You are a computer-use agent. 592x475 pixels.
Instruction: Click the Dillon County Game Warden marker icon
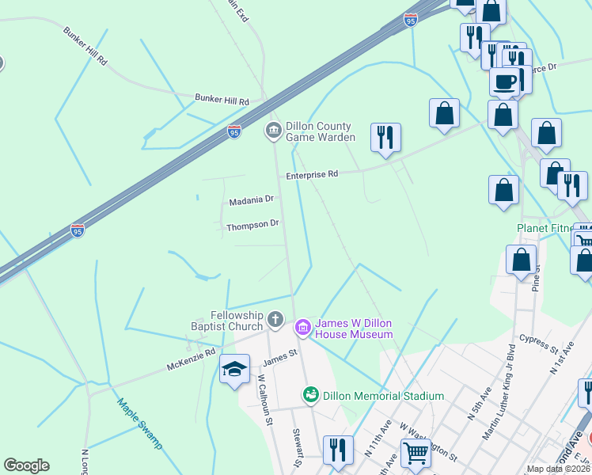pos(274,131)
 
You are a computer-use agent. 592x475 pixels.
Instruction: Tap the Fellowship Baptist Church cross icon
pos(275,321)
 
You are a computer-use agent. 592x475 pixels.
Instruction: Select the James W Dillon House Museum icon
pos(302,326)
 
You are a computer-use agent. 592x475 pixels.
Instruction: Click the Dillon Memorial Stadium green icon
pos(311,394)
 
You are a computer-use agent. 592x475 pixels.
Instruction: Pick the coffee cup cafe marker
pos(504,81)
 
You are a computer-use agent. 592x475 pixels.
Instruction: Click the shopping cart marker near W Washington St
pos(415,453)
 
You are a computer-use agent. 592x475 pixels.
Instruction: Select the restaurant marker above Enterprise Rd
pos(385,137)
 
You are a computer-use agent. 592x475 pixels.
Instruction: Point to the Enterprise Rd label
pos(312,174)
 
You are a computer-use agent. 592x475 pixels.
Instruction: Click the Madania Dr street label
pos(251,201)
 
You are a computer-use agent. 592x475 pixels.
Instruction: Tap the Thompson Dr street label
pos(252,225)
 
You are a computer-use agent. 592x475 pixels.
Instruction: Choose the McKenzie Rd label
pos(191,361)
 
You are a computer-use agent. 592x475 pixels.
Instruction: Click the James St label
pos(279,357)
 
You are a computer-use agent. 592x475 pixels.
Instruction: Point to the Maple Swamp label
pos(139,423)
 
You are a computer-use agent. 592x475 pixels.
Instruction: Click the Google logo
pos(27,465)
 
